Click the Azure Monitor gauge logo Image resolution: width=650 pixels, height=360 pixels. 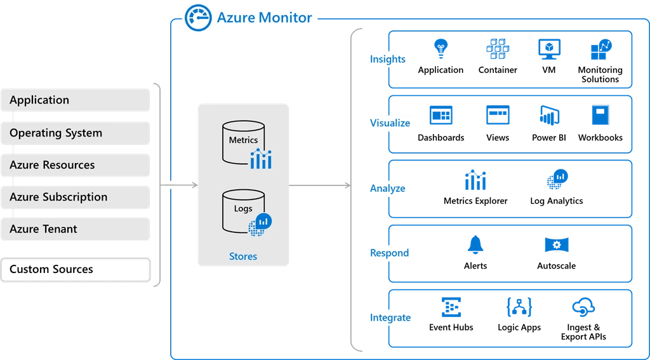tap(197, 18)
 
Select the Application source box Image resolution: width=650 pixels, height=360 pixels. tap(76, 100)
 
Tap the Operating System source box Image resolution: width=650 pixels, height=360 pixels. tap(76, 133)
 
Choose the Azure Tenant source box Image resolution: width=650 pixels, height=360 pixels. tap(76, 229)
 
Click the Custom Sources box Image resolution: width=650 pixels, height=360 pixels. tap(76, 269)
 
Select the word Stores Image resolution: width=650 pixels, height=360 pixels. tap(243, 257)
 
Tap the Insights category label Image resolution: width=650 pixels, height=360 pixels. tap(388, 59)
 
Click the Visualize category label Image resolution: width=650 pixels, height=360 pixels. tap(390, 123)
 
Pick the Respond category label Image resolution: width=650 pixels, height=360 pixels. tap(389, 253)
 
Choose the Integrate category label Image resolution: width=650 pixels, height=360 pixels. tap(390, 317)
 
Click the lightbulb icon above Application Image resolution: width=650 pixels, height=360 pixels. tap(441, 49)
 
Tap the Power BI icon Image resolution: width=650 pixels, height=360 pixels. tap(548, 116)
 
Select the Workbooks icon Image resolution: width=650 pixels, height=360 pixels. tap(600, 116)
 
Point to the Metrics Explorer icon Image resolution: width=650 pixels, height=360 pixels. tap(475, 180)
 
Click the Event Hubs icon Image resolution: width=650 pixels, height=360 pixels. tap(451, 308)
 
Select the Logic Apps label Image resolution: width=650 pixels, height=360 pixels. tap(519, 328)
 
